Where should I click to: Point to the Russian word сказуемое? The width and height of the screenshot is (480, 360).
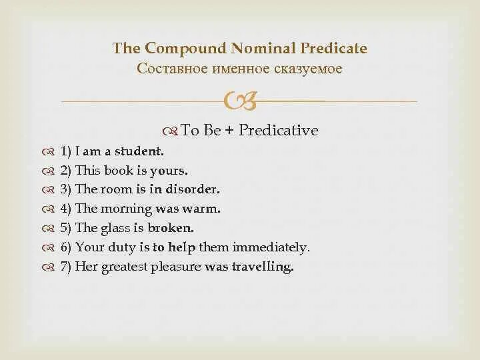pos(311,68)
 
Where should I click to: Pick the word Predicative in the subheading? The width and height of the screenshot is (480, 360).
pos(279,131)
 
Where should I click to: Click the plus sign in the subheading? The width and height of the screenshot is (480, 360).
pos(229,131)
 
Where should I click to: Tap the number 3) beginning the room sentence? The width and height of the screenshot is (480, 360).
pos(66,189)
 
